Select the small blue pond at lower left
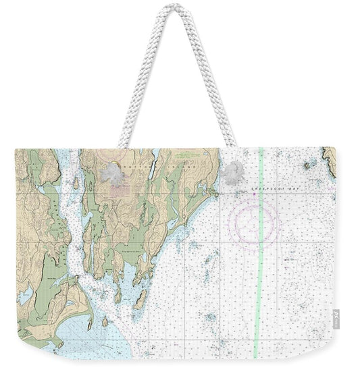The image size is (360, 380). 26,296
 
